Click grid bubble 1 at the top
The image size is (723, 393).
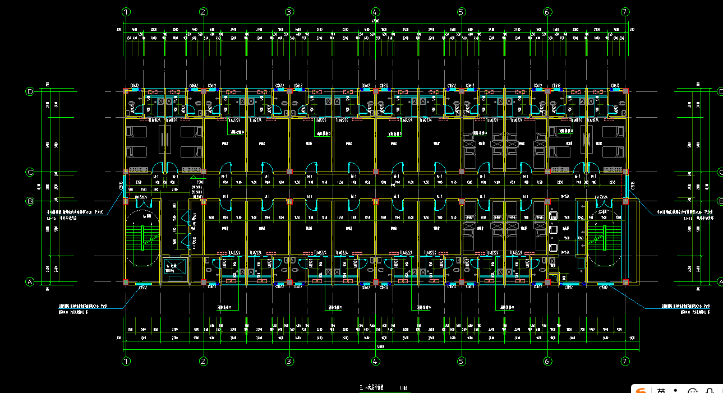pos(126,12)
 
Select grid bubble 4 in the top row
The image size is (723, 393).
pos(375,12)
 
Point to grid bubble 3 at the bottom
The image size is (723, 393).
pos(289,362)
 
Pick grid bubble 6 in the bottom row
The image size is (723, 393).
pos(547,362)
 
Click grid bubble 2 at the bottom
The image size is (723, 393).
pos(204,362)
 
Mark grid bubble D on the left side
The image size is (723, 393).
pos(30,91)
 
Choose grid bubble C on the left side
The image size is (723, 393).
pos(30,172)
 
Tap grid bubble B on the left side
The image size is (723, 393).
pos(30,201)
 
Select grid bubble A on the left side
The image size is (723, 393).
pos(30,282)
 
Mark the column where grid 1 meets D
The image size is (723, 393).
pos(126,91)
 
